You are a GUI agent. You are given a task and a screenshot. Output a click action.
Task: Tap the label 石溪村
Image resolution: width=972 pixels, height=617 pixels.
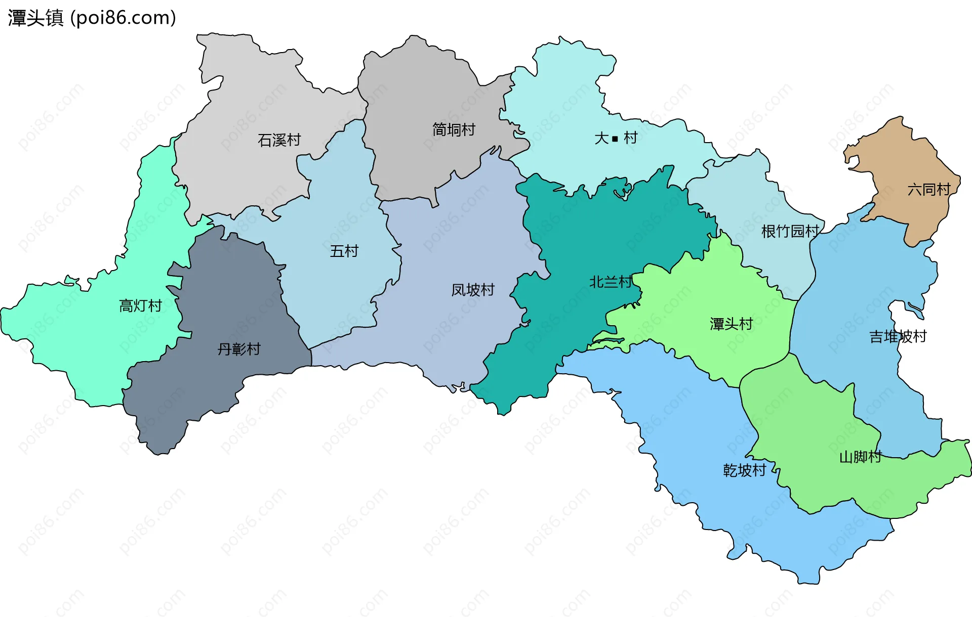pos(279,140)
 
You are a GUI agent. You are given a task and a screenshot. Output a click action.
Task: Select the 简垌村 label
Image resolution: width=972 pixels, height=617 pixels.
pos(454,129)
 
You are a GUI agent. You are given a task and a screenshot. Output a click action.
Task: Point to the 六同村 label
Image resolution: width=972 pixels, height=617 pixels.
pos(928,189)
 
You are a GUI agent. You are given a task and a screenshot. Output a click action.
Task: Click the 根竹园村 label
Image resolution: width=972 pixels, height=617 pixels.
pos(790,231)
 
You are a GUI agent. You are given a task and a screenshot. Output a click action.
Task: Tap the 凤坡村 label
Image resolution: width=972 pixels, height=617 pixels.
pos(473,290)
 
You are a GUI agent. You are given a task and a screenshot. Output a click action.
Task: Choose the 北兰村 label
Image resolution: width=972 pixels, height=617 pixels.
pos(611,282)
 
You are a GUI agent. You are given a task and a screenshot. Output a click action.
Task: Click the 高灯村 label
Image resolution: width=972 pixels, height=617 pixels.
pos(140,305)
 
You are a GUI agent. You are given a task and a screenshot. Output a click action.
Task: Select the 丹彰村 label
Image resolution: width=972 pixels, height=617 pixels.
pos(239,349)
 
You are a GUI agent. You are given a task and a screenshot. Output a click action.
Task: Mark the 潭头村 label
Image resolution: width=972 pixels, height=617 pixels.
pos(731,324)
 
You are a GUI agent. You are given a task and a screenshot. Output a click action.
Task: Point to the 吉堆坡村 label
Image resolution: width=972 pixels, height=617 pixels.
pos(898,336)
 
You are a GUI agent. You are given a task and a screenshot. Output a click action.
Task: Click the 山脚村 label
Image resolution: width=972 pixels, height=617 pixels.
pos(860,457)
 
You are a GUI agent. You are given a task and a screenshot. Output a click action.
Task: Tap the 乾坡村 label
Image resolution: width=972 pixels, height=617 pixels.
pos(744,470)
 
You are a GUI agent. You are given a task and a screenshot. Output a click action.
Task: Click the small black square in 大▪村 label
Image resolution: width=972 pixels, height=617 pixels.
pos(615,138)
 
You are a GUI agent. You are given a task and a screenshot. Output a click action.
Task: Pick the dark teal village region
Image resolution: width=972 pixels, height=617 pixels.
pos(582,238)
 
